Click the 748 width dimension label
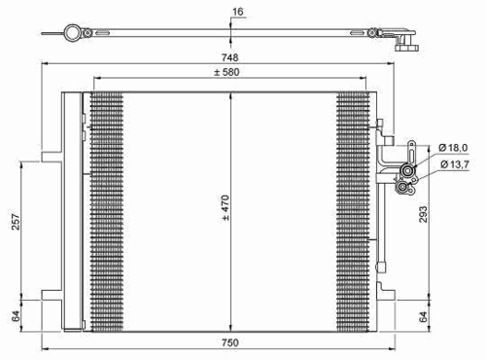[229, 57]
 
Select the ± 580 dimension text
[226, 72]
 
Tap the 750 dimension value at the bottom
[230, 342]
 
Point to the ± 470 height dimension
[226, 208]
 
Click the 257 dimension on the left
[16, 222]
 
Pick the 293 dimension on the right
[423, 214]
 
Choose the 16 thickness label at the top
[237, 12]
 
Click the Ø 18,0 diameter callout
[453, 148]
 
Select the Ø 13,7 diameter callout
[455, 164]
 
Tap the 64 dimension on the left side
[16, 316]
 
